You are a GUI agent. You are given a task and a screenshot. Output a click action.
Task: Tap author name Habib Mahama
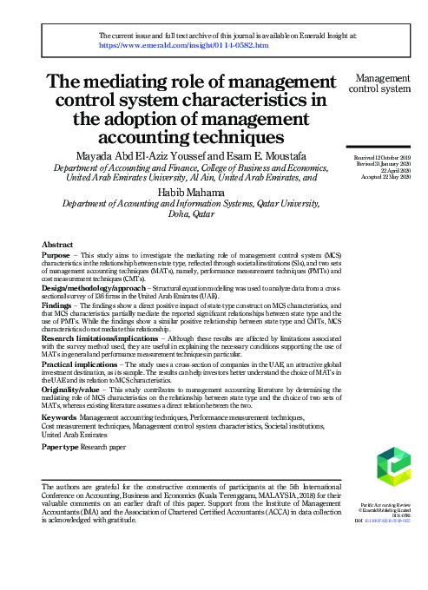pos(189,192)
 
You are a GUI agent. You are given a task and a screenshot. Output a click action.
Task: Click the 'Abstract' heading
pos(57,246)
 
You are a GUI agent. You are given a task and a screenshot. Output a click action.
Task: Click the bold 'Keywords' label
pos(59,418)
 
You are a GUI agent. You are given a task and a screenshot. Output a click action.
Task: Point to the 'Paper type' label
pos(61,447)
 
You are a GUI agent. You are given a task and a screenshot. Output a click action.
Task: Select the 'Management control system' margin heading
pos(379,82)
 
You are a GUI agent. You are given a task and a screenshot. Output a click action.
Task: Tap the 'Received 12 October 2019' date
pos(381,157)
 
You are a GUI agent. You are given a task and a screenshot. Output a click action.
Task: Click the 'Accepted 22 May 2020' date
pos(382,176)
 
